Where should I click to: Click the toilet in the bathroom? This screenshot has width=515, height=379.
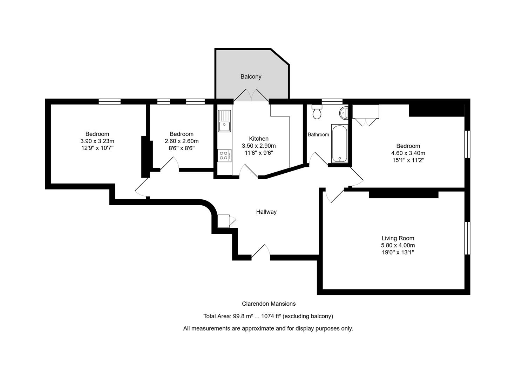point(317,112)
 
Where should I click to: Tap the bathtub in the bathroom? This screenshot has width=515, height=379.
point(340,144)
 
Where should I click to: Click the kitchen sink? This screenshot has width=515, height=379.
point(224,121)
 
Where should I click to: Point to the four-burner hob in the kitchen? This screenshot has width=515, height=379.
point(224,155)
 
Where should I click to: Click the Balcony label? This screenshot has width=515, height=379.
point(251,77)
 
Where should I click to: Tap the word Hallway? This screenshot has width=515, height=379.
point(266,212)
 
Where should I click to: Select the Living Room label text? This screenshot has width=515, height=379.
point(398,238)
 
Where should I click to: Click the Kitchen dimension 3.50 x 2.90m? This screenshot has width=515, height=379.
point(259,146)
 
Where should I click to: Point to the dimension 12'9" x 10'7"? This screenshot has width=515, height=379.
point(97,148)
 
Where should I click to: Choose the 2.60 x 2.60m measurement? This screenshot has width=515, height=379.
point(181,141)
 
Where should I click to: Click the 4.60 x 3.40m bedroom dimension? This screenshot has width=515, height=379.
point(408,153)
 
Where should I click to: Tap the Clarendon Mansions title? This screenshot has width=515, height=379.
point(269,304)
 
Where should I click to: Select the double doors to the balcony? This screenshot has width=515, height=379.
point(251,95)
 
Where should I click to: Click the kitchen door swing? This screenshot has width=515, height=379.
point(249,171)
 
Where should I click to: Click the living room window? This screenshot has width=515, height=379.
point(467,238)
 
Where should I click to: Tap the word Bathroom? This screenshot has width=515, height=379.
point(318,135)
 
